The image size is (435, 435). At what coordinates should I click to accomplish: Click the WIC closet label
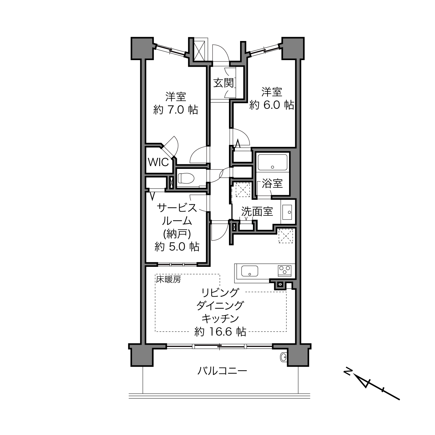pyautogui.click(x=158, y=162)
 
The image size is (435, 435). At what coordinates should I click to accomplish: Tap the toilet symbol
pyautogui.click(x=186, y=178)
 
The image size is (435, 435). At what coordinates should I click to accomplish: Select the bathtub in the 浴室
pyautogui.click(x=272, y=162)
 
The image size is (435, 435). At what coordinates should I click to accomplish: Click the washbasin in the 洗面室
pyautogui.click(x=286, y=212)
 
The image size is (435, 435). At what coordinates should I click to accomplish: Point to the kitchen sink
pyautogui.click(x=250, y=271)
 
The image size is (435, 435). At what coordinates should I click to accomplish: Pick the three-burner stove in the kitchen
pyautogui.click(x=285, y=270)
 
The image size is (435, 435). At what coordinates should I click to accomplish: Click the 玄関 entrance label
pyautogui.click(x=223, y=83)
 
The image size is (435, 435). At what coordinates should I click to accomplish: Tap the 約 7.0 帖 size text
pyautogui.click(x=175, y=110)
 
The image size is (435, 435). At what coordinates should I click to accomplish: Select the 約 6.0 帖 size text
pyautogui.click(x=272, y=105)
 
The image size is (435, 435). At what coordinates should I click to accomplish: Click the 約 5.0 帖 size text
pyautogui.click(x=177, y=247)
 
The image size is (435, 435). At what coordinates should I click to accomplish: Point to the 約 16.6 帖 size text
pyautogui.click(x=220, y=331)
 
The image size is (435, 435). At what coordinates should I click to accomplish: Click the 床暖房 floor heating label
pyautogui.click(x=169, y=280)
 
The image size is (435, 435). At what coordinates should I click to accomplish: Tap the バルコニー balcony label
pyautogui.click(x=222, y=371)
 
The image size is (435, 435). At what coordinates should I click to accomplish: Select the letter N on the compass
pyautogui.click(x=348, y=372)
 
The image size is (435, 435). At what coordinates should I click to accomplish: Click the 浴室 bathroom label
pyautogui.click(x=272, y=183)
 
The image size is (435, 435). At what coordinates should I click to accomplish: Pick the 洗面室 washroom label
pyautogui.click(x=257, y=211)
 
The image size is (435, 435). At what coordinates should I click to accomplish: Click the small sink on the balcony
pyautogui.click(x=283, y=357)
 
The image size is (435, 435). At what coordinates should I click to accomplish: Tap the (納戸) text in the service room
pyautogui.click(x=177, y=234)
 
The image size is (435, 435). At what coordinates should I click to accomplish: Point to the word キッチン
pyautogui.click(x=220, y=319)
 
